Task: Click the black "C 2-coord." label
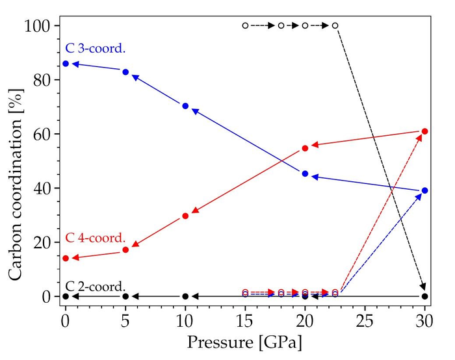[96, 287]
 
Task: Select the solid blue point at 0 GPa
[65, 64]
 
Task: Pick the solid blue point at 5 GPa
[125, 72]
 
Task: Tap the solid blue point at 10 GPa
[185, 106]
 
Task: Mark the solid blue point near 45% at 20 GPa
[305, 174]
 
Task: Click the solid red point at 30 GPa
[425, 131]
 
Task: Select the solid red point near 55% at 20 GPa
[305, 148]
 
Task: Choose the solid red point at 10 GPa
[185, 216]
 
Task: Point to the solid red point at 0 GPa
[65, 258]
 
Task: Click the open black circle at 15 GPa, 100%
[245, 26]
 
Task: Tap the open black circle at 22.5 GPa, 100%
[335, 26]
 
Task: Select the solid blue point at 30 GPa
[425, 190]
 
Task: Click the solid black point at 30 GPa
[425, 296]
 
